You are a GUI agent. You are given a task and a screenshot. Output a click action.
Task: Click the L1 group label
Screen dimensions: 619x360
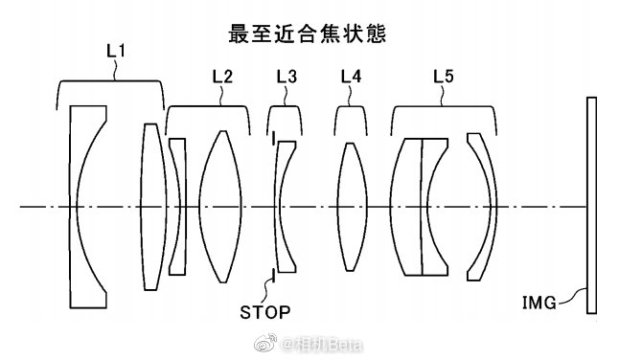(116, 52)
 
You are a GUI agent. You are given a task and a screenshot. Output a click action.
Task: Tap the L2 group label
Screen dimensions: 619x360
(222, 77)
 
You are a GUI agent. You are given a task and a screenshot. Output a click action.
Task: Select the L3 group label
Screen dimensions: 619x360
(287, 77)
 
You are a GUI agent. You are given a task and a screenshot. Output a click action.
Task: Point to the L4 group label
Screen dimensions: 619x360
(351, 77)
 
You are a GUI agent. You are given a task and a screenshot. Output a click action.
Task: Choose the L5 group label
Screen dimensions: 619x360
(444, 77)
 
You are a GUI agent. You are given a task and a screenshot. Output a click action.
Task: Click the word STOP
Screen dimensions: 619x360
(265, 312)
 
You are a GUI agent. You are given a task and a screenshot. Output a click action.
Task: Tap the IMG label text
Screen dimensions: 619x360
(539, 303)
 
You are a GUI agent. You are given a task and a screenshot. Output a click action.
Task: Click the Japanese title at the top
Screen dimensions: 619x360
(308, 34)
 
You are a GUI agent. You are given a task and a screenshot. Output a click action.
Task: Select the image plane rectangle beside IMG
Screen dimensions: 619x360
(591, 205)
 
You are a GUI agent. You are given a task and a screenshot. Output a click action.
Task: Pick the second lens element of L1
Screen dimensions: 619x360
(153, 207)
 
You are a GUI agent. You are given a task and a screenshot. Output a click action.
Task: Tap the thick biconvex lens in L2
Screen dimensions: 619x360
(220, 207)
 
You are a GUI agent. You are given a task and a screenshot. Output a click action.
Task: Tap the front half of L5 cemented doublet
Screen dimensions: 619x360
(406, 207)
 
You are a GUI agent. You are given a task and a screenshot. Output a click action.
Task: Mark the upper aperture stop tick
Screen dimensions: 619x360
(273, 138)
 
